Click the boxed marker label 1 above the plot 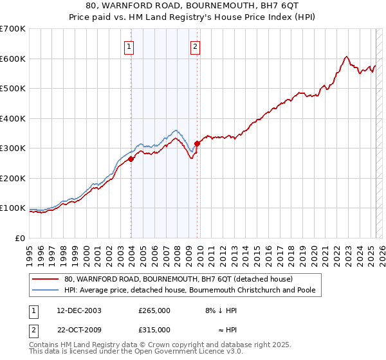[x=129, y=46]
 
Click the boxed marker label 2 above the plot [x=195, y=46]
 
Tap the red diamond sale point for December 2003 [x=131, y=159]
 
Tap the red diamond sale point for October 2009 [x=198, y=144]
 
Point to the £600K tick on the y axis [x=15, y=59]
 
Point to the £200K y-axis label [x=15, y=178]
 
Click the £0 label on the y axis [x=21, y=238]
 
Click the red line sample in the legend [x=46, y=280]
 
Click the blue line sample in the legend [x=46, y=291]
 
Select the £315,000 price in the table [x=154, y=330]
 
